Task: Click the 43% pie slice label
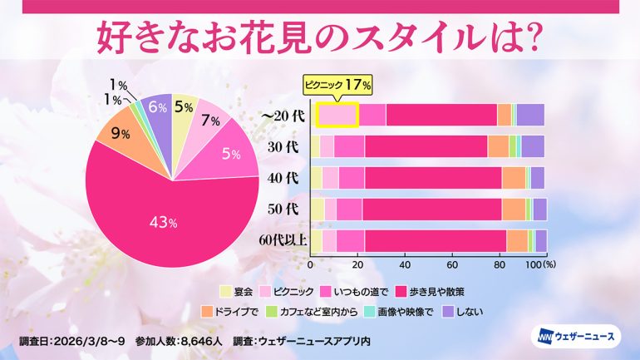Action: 162,222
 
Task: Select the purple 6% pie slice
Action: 156,108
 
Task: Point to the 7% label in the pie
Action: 210,121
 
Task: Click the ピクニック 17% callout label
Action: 336,85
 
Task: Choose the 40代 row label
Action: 284,177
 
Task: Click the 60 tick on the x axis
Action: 452,264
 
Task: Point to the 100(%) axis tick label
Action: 540,264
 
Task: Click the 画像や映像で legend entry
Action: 411,313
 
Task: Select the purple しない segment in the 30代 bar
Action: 532,145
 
